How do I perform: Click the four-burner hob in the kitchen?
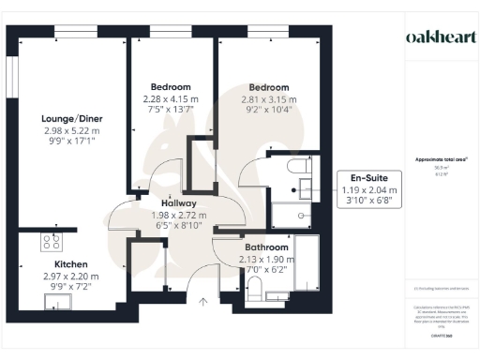tap(50, 242)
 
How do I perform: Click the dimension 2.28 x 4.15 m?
tap(171, 99)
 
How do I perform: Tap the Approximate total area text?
tap(440, 160)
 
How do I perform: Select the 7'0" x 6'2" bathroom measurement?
tap(246, 270)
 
